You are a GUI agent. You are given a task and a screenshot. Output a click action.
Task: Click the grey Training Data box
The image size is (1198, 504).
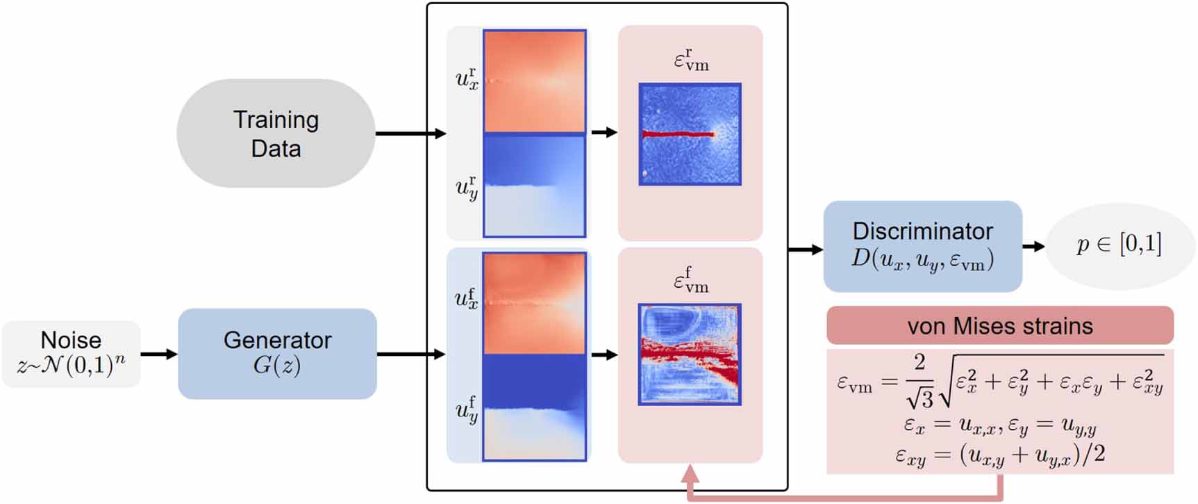tap(276, 133)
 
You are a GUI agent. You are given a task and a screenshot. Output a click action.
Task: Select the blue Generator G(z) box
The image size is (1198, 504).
tap(277, 353)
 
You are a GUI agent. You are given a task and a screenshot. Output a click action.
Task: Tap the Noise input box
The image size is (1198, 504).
tap(71, 353)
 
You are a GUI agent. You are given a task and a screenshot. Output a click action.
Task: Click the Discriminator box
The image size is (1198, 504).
tap(922, 246)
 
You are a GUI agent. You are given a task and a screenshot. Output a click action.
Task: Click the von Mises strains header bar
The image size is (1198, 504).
tap(999, 325)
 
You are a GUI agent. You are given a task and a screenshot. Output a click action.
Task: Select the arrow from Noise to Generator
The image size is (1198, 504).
tap(159, 354)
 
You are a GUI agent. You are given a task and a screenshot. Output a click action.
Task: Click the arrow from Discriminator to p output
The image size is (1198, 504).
tap(1033, 246)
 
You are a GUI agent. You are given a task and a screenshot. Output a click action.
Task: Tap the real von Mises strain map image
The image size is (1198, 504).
tap(690, 134)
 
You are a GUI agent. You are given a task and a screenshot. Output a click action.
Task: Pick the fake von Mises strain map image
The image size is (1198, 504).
tap(690, 354)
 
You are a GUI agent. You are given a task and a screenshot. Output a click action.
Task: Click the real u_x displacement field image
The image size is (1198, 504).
tap(534, 81)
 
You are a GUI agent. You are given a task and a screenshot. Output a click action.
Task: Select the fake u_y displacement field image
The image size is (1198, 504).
tap(534, 407)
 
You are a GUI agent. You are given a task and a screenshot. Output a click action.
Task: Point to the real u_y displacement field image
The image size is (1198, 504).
tap(534, 186)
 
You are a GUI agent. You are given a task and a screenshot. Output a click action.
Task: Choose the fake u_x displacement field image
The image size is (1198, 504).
tap(534, 303)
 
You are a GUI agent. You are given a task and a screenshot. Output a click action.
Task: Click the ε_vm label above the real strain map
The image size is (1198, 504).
tap(691, 60)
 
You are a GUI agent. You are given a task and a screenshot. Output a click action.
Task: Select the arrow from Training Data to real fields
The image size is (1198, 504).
tap(410, 133)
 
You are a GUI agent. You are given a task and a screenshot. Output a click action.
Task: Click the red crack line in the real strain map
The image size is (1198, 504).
tap(678, 134)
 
